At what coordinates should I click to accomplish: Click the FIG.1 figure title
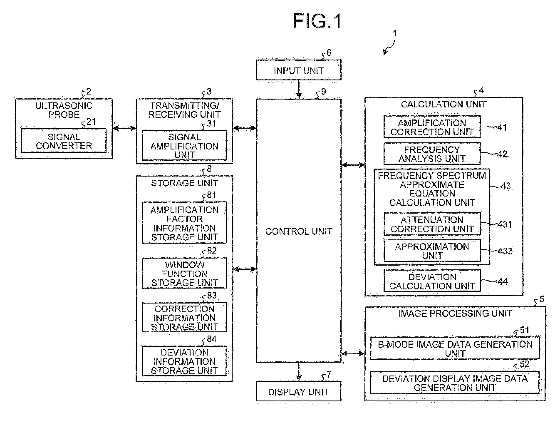[317, 21]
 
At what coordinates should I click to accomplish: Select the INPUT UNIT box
[298, 70]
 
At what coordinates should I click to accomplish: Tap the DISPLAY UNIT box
[298, 392]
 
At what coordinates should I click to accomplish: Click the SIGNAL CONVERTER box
[64, 141]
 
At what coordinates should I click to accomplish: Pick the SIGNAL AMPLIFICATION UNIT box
[184, 146]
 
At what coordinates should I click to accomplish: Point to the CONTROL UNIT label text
[299, 231]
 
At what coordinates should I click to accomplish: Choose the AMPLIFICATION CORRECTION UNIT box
[432, 127]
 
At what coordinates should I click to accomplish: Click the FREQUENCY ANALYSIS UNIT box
[432, 154]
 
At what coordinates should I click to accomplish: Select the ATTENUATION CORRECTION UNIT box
[432, 224]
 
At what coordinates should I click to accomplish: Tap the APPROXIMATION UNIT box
[432, 251]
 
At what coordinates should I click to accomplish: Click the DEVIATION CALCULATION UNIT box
[432, 281]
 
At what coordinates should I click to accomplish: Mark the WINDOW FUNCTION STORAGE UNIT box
[184, 274]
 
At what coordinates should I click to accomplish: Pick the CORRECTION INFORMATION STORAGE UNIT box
[184, 318]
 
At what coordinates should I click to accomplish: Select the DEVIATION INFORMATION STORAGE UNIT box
[184, 361]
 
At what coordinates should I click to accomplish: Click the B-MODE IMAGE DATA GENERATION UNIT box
[455, 348]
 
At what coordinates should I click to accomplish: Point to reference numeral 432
[505, 251]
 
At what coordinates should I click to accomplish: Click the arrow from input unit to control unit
[299, 89]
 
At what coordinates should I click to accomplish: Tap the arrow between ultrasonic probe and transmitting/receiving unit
[124, 129]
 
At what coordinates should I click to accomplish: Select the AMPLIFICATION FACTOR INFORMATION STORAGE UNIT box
[184, 223]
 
